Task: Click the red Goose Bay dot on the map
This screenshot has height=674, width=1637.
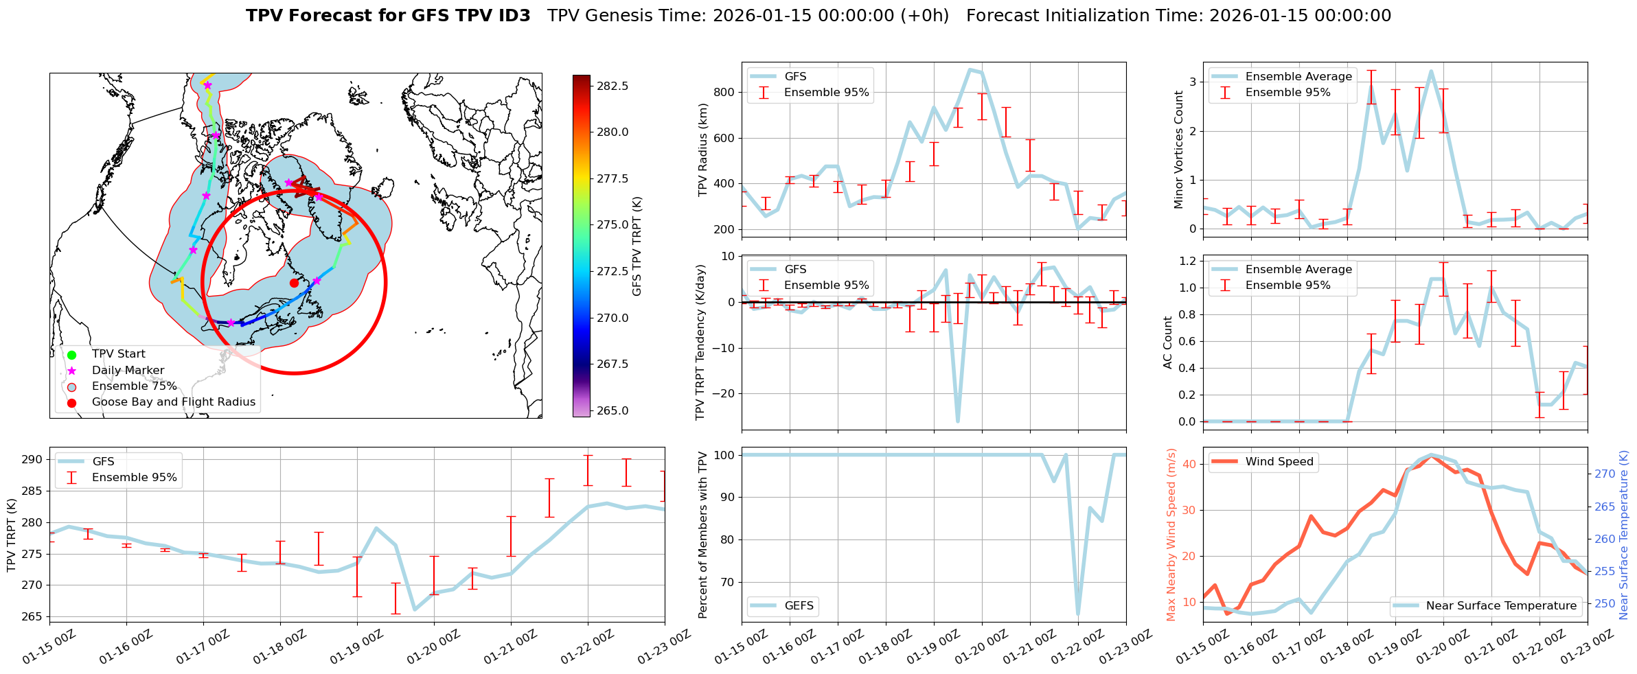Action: coord(294,283)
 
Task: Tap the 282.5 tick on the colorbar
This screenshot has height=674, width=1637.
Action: coord(612,86)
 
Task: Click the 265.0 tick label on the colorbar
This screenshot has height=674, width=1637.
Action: coord(612,410)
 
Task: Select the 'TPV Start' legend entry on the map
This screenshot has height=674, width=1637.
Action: coord(118,354)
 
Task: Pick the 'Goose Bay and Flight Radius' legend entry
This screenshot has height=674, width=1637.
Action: coord(173,402)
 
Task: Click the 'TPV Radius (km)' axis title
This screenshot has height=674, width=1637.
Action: coord(702,150)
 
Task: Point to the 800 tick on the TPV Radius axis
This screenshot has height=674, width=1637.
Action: coord(725,92)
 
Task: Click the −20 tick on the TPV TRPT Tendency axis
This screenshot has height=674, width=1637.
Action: coord(722,394)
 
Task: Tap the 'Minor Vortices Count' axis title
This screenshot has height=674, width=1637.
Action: coord(1178,150)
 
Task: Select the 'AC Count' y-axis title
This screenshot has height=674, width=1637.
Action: coord(1167,342)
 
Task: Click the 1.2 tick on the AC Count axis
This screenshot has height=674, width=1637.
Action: coord(1187,261)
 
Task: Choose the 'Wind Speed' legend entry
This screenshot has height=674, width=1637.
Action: coord(1279,462)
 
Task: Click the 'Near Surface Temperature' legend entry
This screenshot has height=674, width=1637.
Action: coord(1501,606)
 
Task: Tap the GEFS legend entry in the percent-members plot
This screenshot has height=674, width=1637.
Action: coord(799,606)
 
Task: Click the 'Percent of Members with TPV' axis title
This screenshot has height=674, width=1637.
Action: coord(702,535)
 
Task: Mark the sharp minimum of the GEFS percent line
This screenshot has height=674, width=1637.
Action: coord(1078,614)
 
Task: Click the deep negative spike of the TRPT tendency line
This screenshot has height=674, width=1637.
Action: coord(958,421)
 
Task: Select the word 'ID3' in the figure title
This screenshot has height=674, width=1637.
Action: coord(512,16)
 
